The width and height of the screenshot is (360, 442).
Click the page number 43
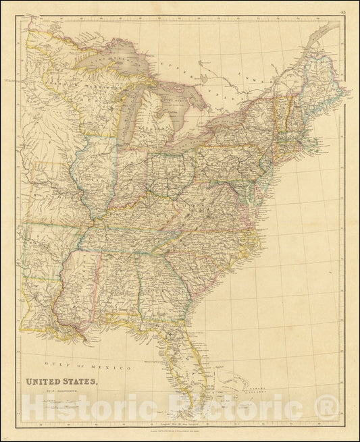(344, 11)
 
